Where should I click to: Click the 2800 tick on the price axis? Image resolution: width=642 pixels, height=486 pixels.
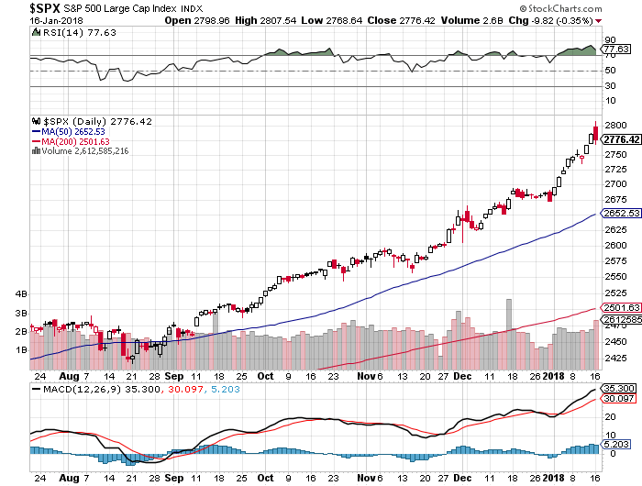pos(614,125)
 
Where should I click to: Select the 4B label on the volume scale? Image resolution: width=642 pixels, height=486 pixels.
pos(23,295)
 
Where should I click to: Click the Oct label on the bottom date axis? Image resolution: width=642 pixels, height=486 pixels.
pos(265,376)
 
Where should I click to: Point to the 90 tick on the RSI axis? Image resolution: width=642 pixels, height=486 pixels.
pos(609,40)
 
